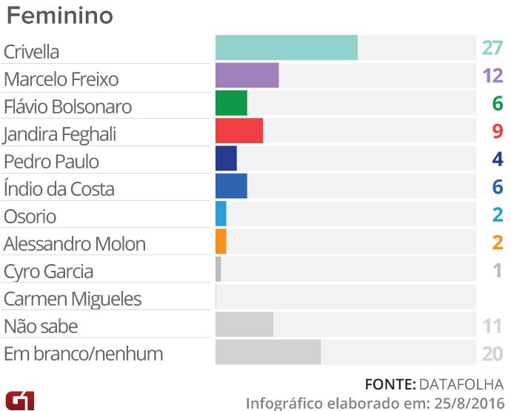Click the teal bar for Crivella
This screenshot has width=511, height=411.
coord(286,47)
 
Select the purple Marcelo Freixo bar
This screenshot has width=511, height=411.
coord(247,76)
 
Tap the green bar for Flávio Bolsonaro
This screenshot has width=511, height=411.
coord(231,103)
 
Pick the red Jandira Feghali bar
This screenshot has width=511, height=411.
coord(239,131)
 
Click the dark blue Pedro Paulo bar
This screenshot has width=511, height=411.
coord(226,158)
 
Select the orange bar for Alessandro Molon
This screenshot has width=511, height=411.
coord(221,241)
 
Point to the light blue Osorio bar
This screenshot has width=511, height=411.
coord(221,214)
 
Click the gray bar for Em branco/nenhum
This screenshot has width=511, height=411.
coord(268,352)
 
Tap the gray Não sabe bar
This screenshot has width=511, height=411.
coord(244,324)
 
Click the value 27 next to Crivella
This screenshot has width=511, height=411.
coord(492,49)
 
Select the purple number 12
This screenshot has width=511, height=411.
coord(492,76)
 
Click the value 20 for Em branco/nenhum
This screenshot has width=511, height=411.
coord(492,353)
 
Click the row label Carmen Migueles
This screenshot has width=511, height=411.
coord(72,299)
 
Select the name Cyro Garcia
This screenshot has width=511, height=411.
coord(48,272)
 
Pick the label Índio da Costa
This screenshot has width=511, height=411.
coord(59,189)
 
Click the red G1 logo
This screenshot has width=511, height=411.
coord(19,398)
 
